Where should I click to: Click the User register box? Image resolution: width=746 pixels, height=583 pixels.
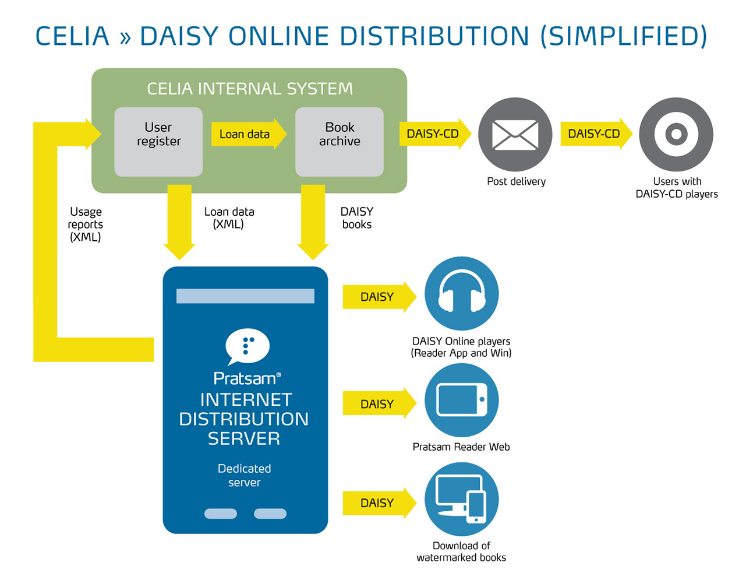(x=158, y=141)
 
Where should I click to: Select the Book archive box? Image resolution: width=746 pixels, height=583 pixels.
(x=340, y=141)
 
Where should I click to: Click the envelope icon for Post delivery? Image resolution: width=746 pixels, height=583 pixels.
(x=515, y=135)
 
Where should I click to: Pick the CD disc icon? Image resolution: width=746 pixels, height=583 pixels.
(x=676, y=135)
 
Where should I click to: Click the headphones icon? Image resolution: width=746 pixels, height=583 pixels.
(x=461, y=293)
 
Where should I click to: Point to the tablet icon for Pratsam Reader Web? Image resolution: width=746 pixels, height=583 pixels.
(x=461, y=400)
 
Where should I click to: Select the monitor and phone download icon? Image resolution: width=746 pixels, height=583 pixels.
(x=461, y=499)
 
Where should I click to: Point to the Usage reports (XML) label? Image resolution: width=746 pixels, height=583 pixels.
(x=86, y=224)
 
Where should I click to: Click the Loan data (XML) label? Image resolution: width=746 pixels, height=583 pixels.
(x=229, y=218)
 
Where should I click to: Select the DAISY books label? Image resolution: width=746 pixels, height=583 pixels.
(x=357, y=218)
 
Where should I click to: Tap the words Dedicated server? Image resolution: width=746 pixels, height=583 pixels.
(x=245, y=475)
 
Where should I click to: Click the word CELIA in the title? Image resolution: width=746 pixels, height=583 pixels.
(x=72, y=36)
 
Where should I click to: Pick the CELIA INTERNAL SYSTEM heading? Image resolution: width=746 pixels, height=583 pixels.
(x=249, y=89)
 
